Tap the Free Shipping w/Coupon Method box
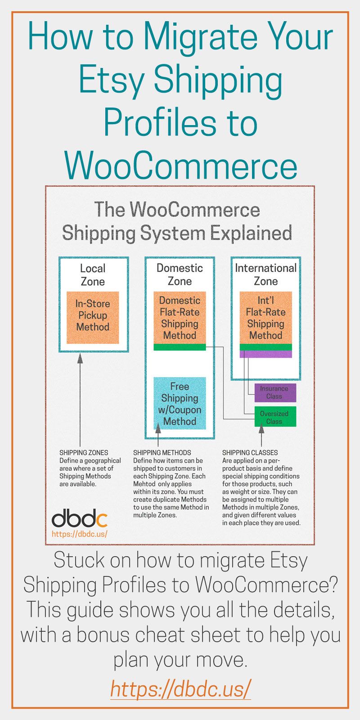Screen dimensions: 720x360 pos(180,403)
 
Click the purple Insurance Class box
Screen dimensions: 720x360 pos(275,392)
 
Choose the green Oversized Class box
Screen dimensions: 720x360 pos(275,418)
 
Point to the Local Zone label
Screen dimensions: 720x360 pos(93,274)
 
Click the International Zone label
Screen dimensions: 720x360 pos(265,274)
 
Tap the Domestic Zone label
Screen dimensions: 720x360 pos(180,274)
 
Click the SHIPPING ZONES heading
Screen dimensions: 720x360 pos(84,452)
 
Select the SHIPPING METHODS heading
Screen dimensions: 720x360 pos(162,452)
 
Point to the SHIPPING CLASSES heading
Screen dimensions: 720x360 pos(250,452)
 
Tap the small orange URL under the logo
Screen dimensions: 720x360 pos(79,534)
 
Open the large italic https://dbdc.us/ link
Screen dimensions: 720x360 pos(180,688)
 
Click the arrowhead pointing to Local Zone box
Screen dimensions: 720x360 pos(80,359)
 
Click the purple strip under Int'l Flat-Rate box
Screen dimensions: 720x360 pos(265,354)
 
